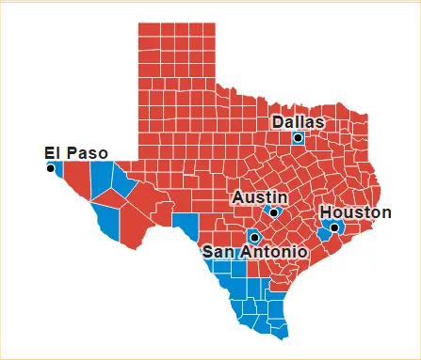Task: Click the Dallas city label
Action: click(298, 122)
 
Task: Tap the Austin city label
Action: click(255, 197)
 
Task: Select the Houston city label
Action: click(355, 212)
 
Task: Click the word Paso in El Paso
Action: click(86, 153)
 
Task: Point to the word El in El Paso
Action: click(53, 153)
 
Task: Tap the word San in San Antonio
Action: click(220, 252)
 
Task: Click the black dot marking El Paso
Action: click(51, 167)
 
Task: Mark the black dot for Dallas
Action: click(298, 137)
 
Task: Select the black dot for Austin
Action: click(274, 212)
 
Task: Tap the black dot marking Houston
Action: click(334, 227)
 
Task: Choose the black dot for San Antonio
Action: click(253, 238)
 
